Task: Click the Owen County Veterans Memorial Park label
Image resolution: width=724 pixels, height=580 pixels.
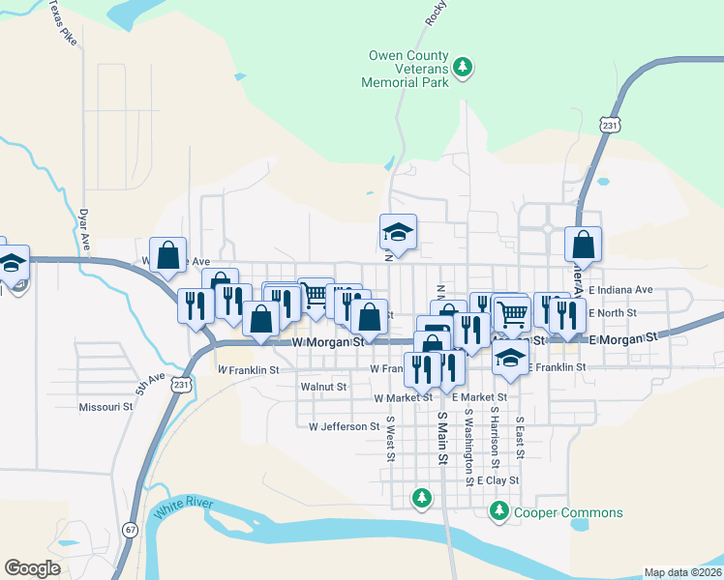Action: tap(407, 69)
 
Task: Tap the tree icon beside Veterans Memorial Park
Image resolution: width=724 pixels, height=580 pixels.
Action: tap(464, 67)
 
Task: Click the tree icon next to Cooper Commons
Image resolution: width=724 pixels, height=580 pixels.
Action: tap(499, 510)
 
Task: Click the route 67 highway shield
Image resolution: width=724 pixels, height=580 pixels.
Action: tap(130, 530)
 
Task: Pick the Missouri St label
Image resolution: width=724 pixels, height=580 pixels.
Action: tap(106, 407)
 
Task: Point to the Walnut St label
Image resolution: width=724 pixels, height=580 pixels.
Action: tap(323, 387)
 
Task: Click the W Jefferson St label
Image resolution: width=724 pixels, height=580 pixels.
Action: tap(344, 426)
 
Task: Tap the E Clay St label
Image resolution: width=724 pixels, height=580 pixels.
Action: tap(498, 479)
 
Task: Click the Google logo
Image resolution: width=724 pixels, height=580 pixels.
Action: tap(33, 568)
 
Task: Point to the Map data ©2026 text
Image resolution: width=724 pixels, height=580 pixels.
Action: tap(681, 572)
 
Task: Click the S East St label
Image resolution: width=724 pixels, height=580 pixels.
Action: tap(520, 437)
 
